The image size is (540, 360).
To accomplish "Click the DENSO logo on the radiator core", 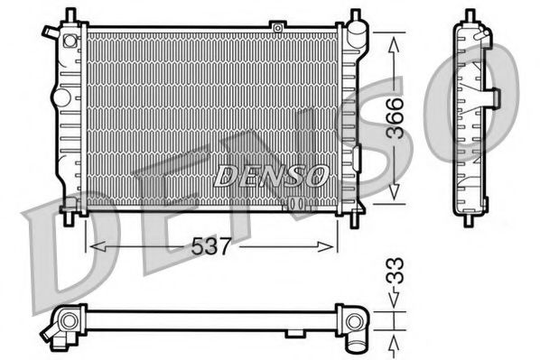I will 269,175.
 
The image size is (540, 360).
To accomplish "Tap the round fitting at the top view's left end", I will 67,321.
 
